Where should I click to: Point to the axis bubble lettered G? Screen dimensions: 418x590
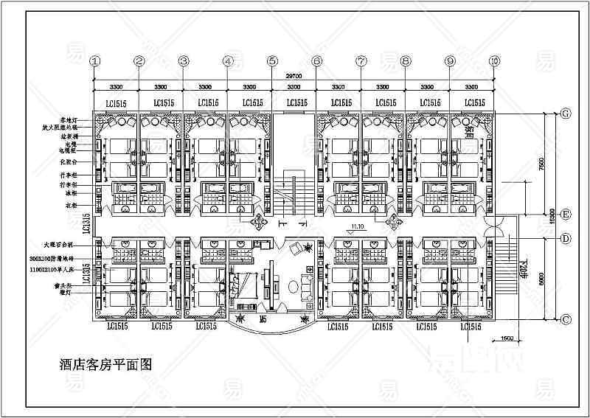pyautogui.click(x=566, y=114)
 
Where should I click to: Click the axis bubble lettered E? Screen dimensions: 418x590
pyautogui.click(x=566, y=215)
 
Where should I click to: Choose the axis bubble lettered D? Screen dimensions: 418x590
pyautogui.click(x=566, y=238)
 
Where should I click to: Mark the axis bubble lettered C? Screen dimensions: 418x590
pyautogui.click(x=566, y=319)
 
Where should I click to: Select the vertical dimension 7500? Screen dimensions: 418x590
pyautogui.click(x=543, y=163)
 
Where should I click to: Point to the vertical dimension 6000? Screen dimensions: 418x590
pyautogui.click(x=543, y=279)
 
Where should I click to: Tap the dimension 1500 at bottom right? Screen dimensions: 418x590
pyautogui.click(x=506, y=338)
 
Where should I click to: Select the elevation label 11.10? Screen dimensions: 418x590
pyautogui.click(x=358, y=226)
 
